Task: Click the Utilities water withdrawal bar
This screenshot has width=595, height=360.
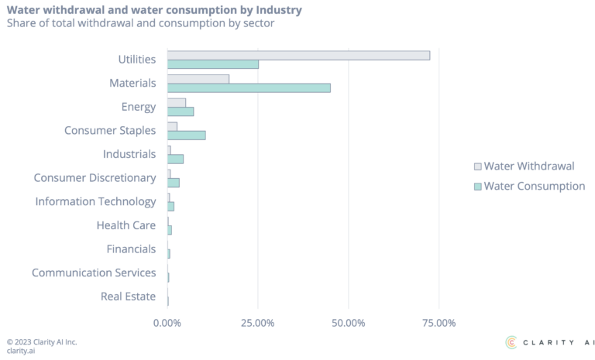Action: (x=298, y=55)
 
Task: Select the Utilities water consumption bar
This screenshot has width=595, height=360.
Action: (x=213, y=64)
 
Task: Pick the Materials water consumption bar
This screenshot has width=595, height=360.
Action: (x=249, y=87)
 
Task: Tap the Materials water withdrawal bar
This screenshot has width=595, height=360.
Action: (x=198, y=79)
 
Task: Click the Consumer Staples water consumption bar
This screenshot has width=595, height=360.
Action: (x=186, y=135)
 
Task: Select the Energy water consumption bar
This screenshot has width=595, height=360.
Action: (x=181, y=111)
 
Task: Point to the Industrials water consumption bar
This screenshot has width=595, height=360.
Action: (x=175, y=159)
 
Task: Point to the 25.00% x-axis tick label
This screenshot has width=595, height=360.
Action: (x=258, y=322)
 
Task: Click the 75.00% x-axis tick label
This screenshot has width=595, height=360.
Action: (x=439, y=322)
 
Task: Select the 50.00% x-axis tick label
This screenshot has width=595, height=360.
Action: (x=349, y=322)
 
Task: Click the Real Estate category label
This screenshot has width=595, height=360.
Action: (x=129, y=297)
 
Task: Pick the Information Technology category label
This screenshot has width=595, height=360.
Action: (x=96, y=202)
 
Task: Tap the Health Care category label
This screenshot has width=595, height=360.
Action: (x=126, y=225)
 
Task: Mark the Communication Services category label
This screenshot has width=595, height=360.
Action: (x=95, y=273)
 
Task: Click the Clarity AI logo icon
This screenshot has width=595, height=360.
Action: (x=511, y=341)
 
